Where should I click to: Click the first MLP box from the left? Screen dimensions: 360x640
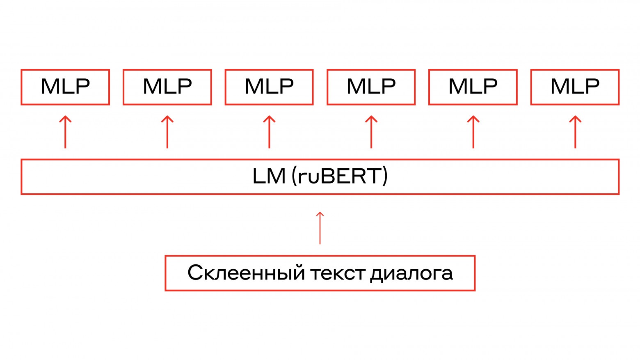65,87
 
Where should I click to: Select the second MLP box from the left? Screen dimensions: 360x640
167,87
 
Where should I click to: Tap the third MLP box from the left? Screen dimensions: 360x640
269,87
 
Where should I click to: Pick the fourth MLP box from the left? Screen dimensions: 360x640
371,87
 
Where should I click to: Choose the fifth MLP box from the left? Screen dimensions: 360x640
473,87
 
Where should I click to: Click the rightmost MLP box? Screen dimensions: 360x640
575,87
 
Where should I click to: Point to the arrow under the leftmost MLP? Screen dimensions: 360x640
65,132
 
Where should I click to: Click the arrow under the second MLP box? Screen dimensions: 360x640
167,132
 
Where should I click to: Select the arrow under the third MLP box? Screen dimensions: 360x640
269,132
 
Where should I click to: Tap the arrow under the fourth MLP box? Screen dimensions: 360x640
371,132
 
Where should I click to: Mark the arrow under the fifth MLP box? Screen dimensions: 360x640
473,132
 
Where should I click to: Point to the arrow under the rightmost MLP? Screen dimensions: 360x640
575,132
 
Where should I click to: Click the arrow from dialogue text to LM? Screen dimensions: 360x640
320,228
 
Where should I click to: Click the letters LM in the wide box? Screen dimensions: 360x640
269,177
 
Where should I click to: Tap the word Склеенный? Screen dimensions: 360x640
246,273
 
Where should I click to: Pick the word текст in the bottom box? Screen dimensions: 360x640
338,273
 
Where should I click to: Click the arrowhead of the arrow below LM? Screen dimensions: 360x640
320,214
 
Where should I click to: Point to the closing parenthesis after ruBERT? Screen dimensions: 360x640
385,177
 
